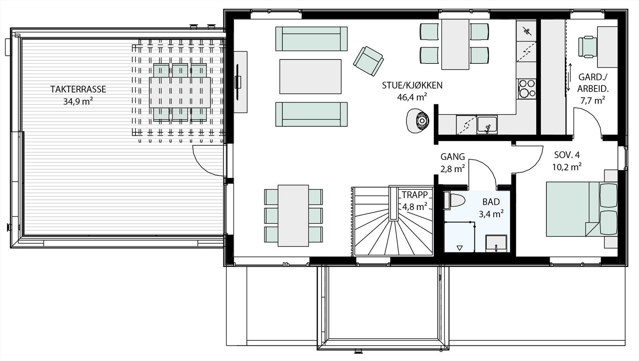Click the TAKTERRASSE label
point(78,89)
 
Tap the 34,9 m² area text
point(78,101)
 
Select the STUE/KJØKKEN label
point(412,85)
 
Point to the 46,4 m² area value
point(412,97)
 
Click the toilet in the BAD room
point(455,200)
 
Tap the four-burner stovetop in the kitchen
point(527,89)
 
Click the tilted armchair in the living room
point(368,60)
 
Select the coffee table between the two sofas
point(310,76)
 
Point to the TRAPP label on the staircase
point(415,195)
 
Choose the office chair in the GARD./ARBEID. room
point(587,47)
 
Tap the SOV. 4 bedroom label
point(567,155)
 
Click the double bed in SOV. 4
point(581,209)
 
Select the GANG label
point(452,156)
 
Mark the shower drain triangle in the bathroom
point(459,248)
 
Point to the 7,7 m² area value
point(593,100)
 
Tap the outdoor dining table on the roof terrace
point(180,92)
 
